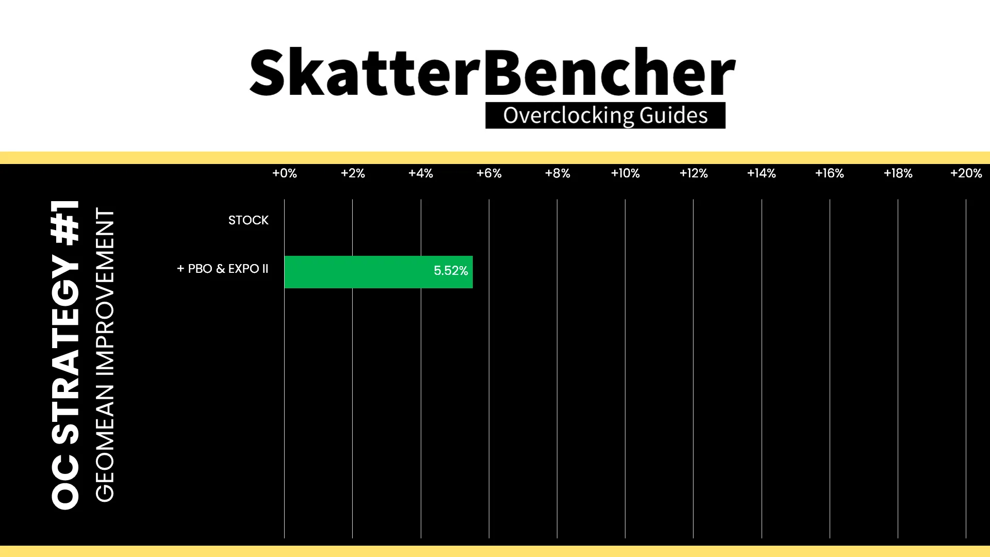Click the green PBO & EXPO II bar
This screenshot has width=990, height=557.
coord(378,272)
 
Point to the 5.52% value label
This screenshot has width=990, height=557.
coord(451,271)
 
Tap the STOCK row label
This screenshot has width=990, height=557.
coord(249,220)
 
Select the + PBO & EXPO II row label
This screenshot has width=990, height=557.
coord(223,269)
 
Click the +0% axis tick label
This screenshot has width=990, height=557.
coord(285,173)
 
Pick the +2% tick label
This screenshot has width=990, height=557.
coord(353,173)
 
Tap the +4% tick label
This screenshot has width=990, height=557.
coord(421,173)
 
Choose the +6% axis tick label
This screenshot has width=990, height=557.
coord(489,173)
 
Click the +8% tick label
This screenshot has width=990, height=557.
coord(557,173)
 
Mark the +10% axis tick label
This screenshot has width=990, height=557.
coord(625,173)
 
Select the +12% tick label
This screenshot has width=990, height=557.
coord(694,173)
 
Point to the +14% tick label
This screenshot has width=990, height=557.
coord(762,173)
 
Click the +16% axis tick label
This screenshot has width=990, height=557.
coord(830,173)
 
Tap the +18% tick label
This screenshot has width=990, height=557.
coord(898,173)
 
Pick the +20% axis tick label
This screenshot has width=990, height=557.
coord(966,173)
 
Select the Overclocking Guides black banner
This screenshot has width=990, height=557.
coord(605,116)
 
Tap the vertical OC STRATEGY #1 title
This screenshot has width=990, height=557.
coord(65,355)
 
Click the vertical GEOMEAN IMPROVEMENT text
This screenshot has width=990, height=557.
coord(105,355)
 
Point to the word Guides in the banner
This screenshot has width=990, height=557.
coord(674,116)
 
